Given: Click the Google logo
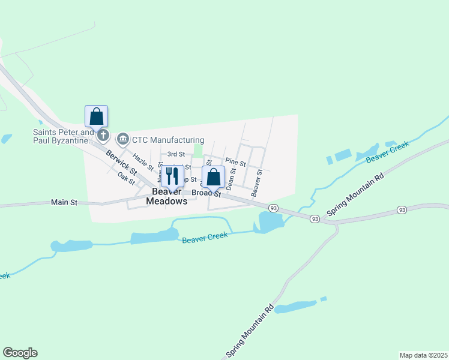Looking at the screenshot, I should [20, 353].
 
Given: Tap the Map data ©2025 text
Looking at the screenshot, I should [423, 355].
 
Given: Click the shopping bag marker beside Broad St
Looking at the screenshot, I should [213, 178].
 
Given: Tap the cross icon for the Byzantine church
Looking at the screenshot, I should [103, 135].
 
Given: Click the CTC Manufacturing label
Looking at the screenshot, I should [169, 140].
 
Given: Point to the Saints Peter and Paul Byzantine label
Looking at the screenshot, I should [64, 136].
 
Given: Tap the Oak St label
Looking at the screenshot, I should [126, 178].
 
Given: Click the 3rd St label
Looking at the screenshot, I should [176, 154].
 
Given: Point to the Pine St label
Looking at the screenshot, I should [235, 163].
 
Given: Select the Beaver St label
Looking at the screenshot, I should [258, 182].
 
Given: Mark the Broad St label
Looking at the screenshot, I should [207, 194].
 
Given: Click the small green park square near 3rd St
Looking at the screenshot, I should [197, 149].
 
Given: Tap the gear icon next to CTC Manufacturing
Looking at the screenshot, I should [123, 140].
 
